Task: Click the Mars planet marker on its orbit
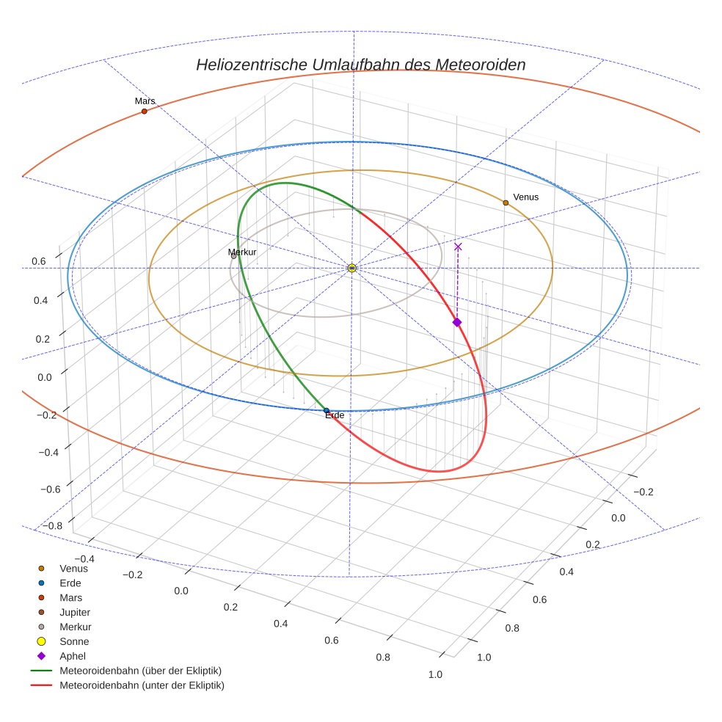coord(144,112)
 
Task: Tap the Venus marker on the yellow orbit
coord(506,203)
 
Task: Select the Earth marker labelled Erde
coord(327,411)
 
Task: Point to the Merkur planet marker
coord(233,256)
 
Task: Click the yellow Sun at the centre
coord(352,268)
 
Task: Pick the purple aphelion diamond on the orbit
coord(456,322)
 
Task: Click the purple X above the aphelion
coord(458,247)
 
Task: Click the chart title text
coord(360,65)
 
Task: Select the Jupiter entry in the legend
coord(75,612)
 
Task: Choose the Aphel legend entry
coord(73,656)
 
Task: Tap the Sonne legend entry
coord(74,641)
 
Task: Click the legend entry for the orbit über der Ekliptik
coord(140,671)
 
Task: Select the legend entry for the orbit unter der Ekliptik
coord(142,685)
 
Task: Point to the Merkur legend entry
coord(75,627)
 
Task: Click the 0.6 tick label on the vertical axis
coord(39,261)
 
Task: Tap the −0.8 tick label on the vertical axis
coord(51,525)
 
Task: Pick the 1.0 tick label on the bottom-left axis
coord(436,674)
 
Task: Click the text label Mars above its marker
coord(145,101)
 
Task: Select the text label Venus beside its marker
coord(526,197)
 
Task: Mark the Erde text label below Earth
coord(334,416)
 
